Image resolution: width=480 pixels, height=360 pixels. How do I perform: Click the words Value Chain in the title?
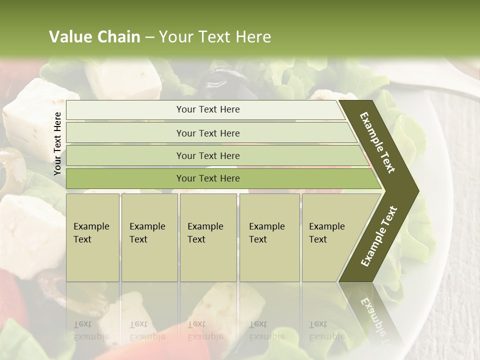94,37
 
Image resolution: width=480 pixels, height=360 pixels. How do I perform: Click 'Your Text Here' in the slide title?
215,37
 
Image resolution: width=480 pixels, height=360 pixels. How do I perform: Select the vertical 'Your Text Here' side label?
57,143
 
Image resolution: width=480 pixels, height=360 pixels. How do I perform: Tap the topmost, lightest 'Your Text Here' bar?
207,109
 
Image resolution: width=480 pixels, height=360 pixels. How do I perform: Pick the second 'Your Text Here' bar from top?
207,133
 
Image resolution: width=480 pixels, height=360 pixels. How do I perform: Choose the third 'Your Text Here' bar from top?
207,155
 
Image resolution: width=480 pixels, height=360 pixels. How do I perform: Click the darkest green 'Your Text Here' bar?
207,178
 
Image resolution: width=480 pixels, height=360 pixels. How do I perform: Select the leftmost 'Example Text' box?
92,237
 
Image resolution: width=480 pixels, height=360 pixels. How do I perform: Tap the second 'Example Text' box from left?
149,237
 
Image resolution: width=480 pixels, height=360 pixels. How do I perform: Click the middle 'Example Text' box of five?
207,237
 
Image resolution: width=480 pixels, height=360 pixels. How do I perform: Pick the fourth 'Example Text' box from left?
269,237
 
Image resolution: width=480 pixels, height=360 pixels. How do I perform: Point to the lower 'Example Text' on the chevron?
379,236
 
